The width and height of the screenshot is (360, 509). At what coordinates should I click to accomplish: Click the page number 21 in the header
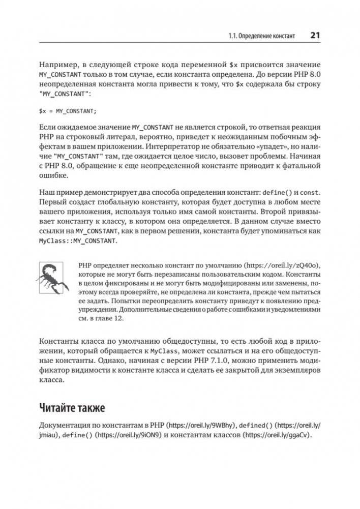314,36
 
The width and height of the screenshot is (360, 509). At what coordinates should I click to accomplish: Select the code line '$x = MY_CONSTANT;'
68,110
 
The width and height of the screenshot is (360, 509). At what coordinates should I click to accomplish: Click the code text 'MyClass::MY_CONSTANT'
78,241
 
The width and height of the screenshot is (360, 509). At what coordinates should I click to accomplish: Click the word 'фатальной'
301,166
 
